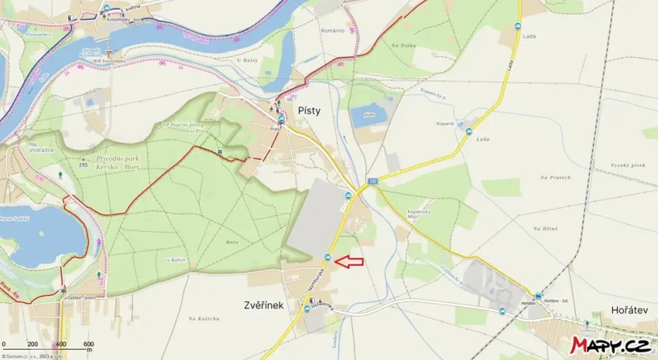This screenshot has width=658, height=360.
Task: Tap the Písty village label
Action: pyautogui.click(x=308, y=112)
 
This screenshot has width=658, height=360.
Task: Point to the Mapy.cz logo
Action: pyautogui.click(x=611, y=344)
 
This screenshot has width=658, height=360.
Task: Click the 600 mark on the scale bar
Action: pyautogui.click(x=89, y=343)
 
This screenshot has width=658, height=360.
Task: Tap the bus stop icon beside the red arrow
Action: pyautogui.click(x=327, y=259)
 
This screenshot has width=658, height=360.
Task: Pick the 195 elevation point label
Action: pyautogui.click(x=83, y=164)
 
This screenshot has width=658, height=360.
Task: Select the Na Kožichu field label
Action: pyautogui.click(x=204, y=318)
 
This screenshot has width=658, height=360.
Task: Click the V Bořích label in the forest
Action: pyautogui.click(x=176, y=260)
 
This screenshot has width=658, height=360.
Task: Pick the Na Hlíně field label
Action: pyautogui.click(x=545, y=228)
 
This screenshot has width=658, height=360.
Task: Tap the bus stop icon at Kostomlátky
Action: pyautogui.click(x=107, y=8)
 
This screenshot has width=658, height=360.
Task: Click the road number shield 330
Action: pyautogui.click(x=372, y=181)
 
